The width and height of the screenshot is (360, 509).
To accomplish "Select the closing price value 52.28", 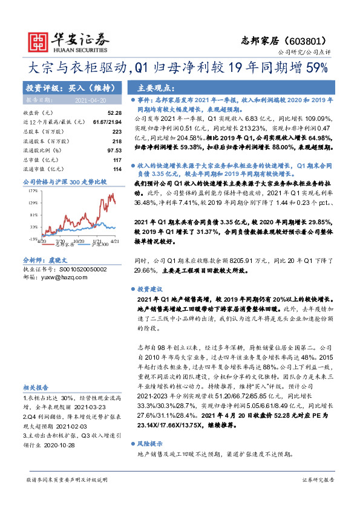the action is coord(114,113).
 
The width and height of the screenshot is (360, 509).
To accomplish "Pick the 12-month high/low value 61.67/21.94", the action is coord(108,122).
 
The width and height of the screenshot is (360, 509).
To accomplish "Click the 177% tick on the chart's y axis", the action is coord(31,190).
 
